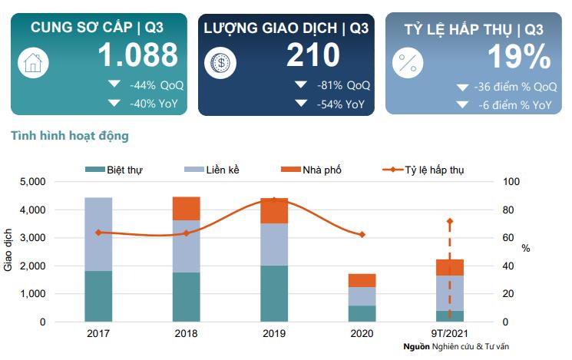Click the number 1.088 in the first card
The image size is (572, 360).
138,55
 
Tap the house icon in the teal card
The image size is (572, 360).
32,62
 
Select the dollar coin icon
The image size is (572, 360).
220,62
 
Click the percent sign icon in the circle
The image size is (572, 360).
407,62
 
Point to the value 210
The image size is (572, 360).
313,55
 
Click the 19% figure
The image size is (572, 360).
519,56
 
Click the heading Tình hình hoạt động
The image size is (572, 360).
70,136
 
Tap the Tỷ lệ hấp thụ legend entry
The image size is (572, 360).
434,170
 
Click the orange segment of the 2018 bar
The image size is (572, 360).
186,208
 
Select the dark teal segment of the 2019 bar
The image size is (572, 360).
274,293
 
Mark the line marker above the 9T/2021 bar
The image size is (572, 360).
450,221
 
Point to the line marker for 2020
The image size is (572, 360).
362,234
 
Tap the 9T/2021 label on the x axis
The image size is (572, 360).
450,335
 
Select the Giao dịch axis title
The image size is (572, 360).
9,251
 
